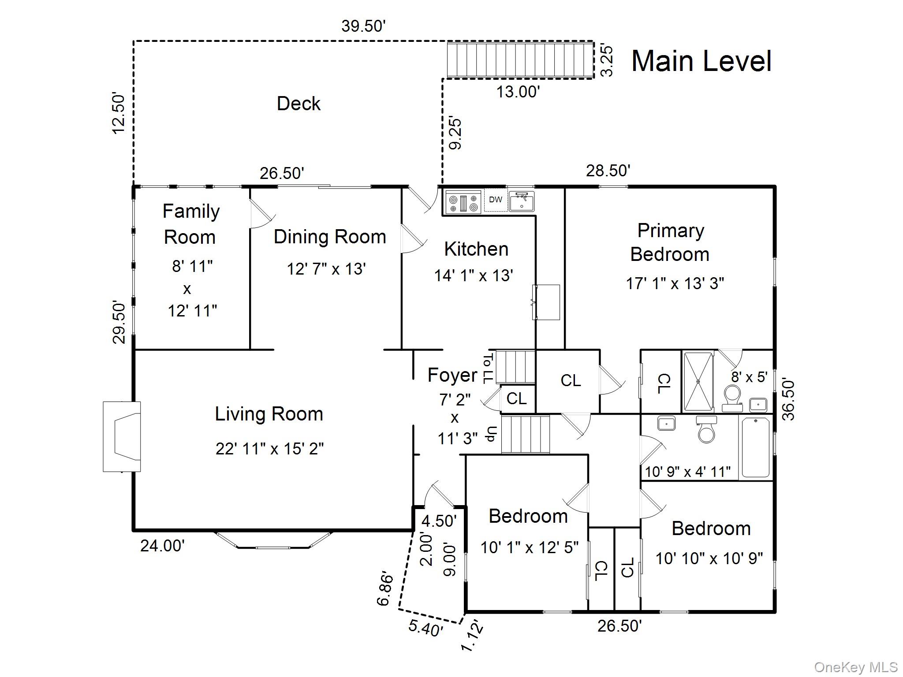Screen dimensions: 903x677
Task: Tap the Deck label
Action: (299, 104)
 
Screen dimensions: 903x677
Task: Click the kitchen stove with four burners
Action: (463, 202)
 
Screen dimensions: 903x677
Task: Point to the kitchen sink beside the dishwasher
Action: (522, 201)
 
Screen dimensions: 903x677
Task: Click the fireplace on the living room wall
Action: (122, 436)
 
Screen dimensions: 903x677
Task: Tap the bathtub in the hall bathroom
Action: (756, 447)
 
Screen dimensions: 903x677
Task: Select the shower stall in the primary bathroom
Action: (698, 381)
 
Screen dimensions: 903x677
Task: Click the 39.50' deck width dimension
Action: (363, 26)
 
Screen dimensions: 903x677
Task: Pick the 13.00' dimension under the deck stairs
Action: (518, 92)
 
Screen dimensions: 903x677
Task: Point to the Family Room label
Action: (190, 224)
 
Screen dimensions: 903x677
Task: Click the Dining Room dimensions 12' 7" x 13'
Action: (326, 268)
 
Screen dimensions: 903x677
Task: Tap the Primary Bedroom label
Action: (670, 242)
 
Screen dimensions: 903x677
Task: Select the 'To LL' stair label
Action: (489, 368)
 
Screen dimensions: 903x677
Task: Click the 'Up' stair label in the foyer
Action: (492, 434)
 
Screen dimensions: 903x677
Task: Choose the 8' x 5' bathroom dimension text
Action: (749, 377)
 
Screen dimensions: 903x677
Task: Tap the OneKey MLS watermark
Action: (856, 667)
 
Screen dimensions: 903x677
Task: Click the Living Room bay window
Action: (273, 539)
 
